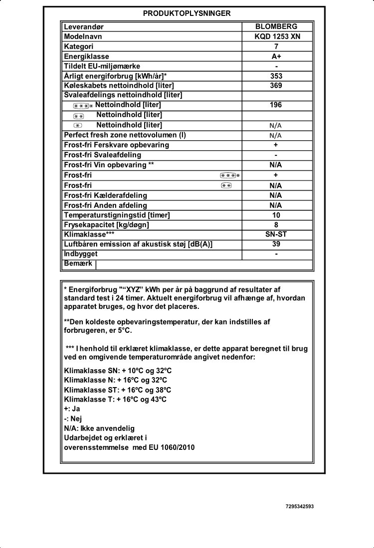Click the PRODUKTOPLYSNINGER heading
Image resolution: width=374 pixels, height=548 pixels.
coord(187,13)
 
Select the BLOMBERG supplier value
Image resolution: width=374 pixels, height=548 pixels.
coord(276,26)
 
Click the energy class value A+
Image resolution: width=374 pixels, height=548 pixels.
coord(276,56)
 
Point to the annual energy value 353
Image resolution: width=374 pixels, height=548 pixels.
coord(276,76)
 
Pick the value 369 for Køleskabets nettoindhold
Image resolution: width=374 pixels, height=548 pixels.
coord(276,85)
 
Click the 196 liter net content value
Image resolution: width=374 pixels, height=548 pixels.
coord(276,105)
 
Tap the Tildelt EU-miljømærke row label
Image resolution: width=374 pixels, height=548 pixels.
coord(102,66)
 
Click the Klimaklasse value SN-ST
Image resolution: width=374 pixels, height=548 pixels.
coord(276,235)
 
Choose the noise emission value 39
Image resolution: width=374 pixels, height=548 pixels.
coord(276,244)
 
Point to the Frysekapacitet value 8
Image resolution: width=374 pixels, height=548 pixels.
coord(276,225)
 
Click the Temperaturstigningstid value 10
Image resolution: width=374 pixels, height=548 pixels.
coord(276,215)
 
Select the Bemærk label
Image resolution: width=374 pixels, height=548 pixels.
coord(78,264)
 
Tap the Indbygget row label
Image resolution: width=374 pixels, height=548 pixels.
coord(80,254)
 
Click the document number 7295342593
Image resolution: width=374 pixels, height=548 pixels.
coord(300,507)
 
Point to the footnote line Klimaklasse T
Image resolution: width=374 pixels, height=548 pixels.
coord(115,400)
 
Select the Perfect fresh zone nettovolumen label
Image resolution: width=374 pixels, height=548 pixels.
coord(125,135)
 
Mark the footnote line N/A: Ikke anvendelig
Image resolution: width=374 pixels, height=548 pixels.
coord(99,428)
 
